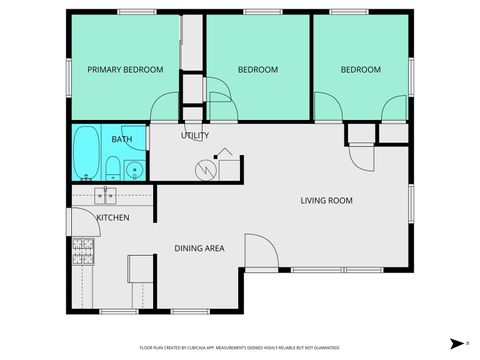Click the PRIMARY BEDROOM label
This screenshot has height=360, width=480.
(125, 70)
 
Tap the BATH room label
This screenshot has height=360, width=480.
(121, 139)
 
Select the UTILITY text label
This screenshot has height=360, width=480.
(194, 135)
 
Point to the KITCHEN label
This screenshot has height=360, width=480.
(112, 217)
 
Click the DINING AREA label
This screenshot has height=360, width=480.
(199, 249)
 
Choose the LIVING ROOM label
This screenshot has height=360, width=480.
(327, 201)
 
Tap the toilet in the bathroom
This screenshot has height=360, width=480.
(115, 167)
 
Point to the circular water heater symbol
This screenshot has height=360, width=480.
(207, 169)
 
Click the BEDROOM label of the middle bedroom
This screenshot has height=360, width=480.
(258, 70)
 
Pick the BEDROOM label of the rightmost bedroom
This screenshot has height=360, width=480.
(360, 70)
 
